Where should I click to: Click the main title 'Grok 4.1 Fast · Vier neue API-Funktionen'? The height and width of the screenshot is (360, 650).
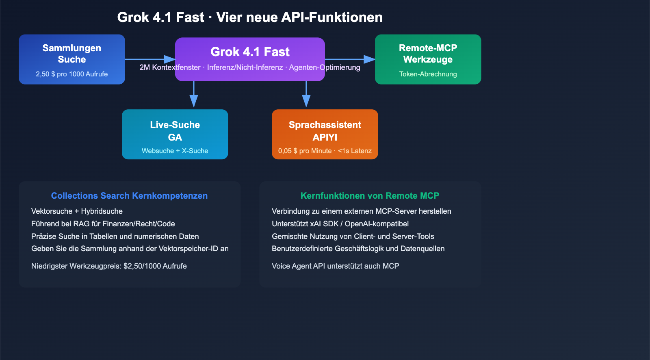tap(250, 17)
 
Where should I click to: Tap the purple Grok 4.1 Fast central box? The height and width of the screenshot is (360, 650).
tap(250, 53)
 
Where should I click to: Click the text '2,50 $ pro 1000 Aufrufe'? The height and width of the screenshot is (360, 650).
tap(71, 74)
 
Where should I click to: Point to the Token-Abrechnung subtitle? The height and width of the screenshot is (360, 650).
tap(428, 74)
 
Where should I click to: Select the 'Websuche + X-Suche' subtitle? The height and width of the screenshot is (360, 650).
tap(175, 151)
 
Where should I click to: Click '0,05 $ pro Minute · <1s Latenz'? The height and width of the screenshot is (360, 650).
tap(325, 151)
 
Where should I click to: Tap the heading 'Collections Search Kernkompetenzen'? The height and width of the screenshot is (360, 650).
tap(129, 196)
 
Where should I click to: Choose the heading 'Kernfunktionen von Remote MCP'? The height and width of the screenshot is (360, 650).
tap(370, 196)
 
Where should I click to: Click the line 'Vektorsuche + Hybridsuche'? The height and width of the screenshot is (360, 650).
tap(77, 211)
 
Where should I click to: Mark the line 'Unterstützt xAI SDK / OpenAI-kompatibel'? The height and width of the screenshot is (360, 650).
tap(340, 224)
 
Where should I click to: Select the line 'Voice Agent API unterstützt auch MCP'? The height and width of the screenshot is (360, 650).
tap(335, 266)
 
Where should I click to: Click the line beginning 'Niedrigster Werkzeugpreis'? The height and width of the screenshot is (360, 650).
tap(109, 266)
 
